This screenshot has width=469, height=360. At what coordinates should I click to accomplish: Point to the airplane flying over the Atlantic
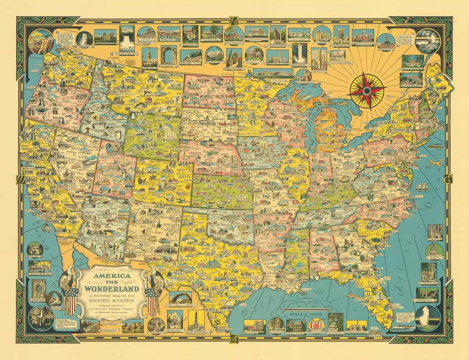[434, 163]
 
